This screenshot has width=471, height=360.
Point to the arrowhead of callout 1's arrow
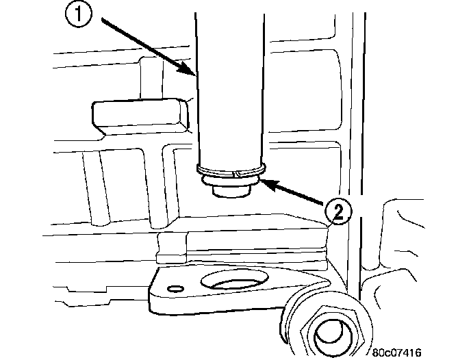pos(194,72)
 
